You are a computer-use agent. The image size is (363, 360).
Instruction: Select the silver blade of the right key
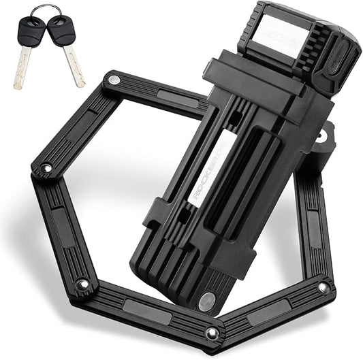74,66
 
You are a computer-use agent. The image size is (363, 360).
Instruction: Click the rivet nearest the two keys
113,80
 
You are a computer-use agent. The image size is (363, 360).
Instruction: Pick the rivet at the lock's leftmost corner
46,167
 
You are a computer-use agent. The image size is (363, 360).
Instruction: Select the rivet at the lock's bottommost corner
213,333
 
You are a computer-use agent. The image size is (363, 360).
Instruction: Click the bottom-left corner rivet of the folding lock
82,284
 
